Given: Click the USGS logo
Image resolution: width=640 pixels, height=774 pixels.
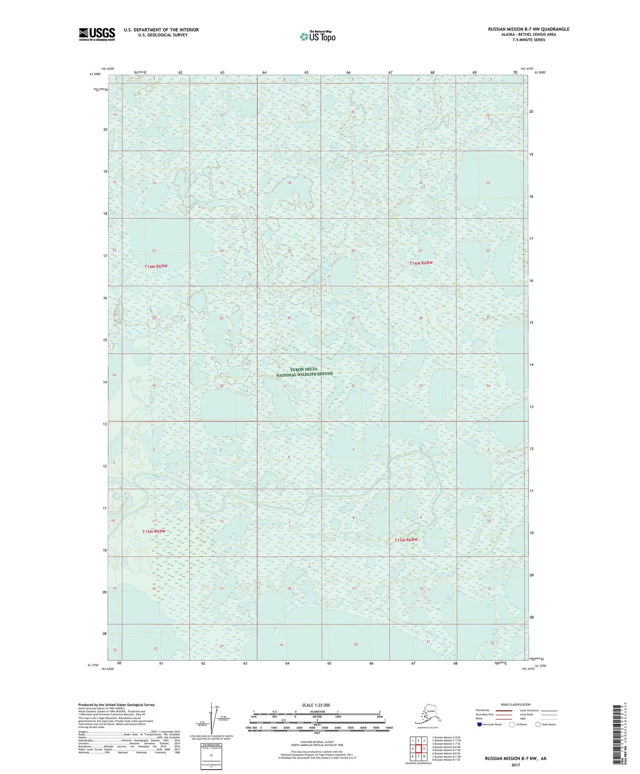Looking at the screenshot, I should [97, 34].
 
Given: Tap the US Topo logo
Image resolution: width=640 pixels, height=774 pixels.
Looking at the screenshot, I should [317, 36].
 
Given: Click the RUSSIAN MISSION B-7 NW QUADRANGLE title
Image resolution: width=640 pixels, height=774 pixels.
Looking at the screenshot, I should [528, 29].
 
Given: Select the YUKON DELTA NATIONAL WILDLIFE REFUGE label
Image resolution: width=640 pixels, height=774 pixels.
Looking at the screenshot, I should [304, 372].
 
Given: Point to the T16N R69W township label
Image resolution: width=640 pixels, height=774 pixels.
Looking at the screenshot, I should [156, 266].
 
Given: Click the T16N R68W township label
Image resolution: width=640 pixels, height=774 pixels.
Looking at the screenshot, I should [420, 263].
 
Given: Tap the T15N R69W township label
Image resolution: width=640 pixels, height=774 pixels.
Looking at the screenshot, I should [154, 532].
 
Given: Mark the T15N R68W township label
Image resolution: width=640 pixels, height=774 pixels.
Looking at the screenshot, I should [406, 540].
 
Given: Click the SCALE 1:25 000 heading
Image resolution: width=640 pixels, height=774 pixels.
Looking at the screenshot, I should [316, 705].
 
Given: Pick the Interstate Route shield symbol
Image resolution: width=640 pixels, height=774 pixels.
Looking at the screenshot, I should [479, 724].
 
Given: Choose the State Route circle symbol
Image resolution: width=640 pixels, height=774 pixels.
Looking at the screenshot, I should [538, 724].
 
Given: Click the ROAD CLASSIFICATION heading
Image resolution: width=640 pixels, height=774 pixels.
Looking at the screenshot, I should [516, 704].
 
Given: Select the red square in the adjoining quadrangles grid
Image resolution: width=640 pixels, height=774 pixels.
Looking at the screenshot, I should [418, 749].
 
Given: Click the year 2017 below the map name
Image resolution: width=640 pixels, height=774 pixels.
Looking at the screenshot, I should [515, 765].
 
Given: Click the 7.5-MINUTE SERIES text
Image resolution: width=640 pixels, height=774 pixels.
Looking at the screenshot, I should [528, 40].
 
